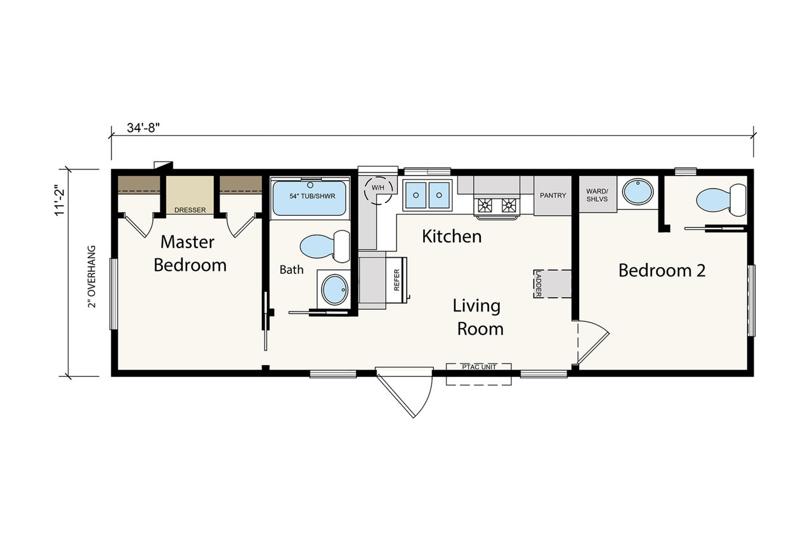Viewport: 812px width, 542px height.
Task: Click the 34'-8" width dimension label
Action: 143,128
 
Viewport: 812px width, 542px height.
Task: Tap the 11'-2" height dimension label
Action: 60,202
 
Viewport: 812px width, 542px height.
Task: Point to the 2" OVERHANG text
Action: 92,277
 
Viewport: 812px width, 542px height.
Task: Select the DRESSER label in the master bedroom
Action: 190,210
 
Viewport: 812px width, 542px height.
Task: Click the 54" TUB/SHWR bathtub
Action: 309,198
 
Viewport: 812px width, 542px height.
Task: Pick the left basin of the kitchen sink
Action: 416,195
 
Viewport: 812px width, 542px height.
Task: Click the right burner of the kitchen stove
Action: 508,206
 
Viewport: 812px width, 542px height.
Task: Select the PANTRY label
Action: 553,195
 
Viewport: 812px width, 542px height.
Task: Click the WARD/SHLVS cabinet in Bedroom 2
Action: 598,194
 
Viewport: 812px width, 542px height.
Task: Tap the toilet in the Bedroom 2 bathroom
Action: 721,200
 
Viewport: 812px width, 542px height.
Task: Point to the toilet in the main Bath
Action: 324,246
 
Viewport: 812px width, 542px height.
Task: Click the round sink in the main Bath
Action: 334,289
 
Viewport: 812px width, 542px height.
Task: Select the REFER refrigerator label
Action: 396,280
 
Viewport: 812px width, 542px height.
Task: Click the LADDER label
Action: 538,284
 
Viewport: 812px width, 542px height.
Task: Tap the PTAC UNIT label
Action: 479,367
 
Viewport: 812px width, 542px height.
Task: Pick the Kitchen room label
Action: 452,237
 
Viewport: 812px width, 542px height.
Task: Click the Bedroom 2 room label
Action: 662,270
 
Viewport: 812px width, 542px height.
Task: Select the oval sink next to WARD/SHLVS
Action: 638,192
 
